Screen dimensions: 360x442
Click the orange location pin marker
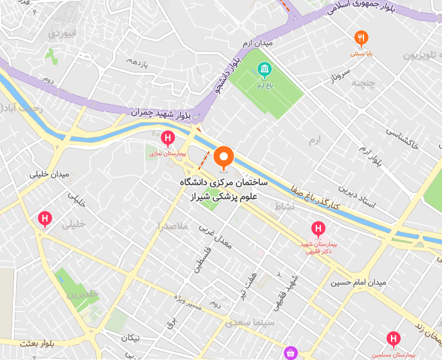coord(224,158)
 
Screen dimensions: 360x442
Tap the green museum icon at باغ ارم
coord(265,69)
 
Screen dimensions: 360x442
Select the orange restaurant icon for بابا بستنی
coord(361,38)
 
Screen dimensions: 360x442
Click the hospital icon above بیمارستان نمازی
coord(167,139)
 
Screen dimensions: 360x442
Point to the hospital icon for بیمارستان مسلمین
coord(394,339)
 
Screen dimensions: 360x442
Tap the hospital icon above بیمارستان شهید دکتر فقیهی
coord(318,230)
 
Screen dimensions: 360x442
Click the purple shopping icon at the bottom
coord(290,352)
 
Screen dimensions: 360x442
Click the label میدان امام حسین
coord(358,283)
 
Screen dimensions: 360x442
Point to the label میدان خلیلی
coord(49,175)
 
